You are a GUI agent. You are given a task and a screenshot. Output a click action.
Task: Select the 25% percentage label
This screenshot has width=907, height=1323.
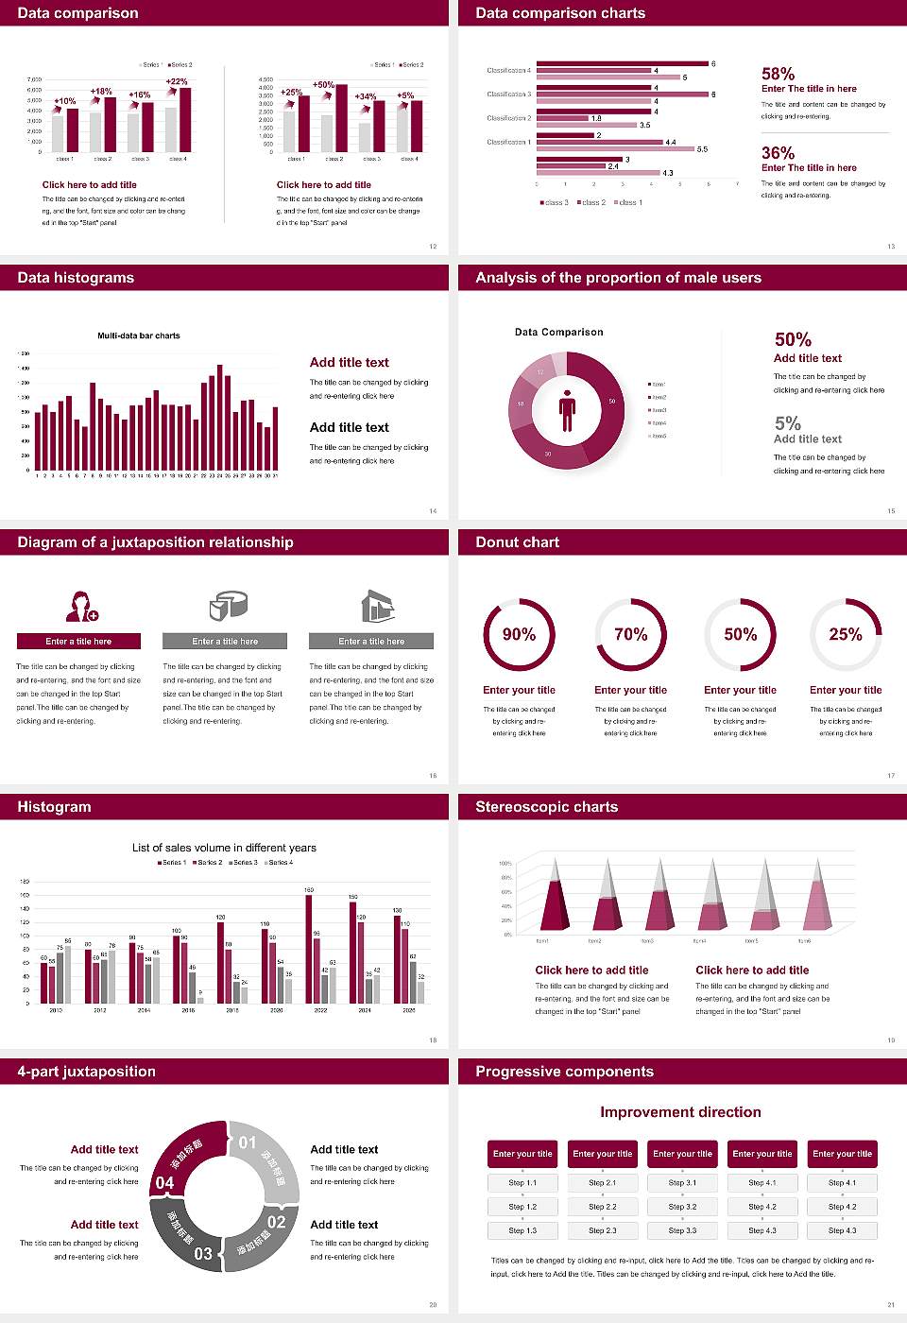point(845,634)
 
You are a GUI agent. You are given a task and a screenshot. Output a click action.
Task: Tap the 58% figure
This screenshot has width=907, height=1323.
point(778,74)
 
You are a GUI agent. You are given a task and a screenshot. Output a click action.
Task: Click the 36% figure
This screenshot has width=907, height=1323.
point(778,153)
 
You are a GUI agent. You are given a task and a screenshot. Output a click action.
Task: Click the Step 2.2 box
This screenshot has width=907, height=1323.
point(603,1207)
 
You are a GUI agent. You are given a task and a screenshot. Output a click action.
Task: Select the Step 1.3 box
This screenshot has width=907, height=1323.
point(522,1230)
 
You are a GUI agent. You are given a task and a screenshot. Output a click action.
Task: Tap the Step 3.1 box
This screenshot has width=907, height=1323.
point(682,1183)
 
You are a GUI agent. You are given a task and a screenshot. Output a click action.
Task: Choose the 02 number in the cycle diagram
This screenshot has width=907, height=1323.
point(276,1222)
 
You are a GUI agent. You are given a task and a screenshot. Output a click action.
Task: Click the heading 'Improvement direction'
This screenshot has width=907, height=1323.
point(680,1112)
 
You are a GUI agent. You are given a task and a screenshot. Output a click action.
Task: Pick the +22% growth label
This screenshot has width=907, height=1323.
point(177,82)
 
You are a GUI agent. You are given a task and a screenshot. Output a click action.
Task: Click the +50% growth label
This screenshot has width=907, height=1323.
point(323,85)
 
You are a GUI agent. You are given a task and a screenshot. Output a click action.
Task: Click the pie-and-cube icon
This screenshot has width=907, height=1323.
point(228,606)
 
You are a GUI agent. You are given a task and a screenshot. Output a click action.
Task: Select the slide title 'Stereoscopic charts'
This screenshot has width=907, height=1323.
point(546,807)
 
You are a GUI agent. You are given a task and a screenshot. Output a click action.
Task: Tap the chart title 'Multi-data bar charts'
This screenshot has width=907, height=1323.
point(139,335)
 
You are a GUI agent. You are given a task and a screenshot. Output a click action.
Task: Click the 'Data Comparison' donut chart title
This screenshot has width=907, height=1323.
point(558,332)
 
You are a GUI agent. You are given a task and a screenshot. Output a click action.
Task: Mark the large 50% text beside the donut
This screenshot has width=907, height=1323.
point(793,339)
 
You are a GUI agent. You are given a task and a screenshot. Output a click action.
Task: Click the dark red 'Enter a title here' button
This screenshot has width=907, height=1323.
point(79,642)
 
